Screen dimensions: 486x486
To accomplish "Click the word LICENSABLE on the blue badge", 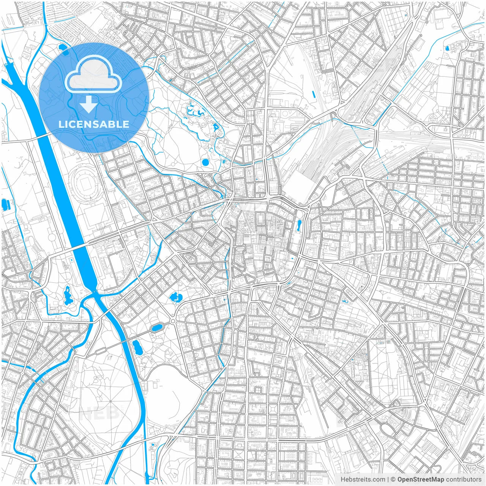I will (x=94, y=124).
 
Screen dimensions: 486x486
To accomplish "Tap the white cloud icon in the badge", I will (x=93, y=74).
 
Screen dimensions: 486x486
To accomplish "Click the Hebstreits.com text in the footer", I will (x=363, y=480).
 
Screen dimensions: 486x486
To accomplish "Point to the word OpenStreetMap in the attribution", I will (x=420, y=480).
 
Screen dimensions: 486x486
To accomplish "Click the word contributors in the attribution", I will (x=464, y=480).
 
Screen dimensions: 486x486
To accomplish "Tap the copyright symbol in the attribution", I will (x=393, y=480).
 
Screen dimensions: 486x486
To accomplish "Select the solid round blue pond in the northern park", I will (x=205, y=163).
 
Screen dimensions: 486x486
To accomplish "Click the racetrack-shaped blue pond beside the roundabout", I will (x=156, y=328).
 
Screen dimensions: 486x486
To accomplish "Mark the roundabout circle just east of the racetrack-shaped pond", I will (x=173, y=322).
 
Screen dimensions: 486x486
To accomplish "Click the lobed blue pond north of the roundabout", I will (x=176, y=297).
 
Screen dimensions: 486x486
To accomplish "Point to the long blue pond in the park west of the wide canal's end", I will (x=68, y=295).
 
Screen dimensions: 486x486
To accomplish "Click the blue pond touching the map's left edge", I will (x=5, y=204).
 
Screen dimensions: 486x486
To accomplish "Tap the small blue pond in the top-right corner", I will (x=447, y=48).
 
